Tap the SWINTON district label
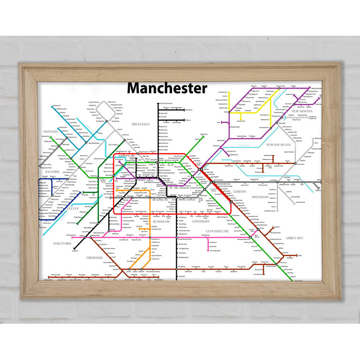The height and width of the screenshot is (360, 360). pyautogui.click(x=50, y=131)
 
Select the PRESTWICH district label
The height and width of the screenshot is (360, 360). pyautogui.click(x=141, y=124)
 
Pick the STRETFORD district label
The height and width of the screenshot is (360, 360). pyautogui.click(x=62, y=243)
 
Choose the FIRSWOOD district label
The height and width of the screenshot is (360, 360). pyautogui.click(x=94, y=257)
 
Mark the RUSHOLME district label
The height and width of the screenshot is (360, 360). pyautogui.click(x=161, y=221)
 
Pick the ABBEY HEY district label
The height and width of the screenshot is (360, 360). pyautogui.click(x=294, y=237)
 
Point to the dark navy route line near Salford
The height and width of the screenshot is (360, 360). pyautogui.click(x=40, y=191)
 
